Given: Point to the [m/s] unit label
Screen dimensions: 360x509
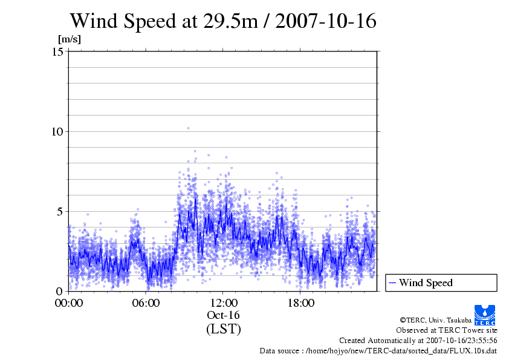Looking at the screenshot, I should pos(69,39).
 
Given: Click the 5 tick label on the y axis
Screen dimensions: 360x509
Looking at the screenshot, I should pos(60,212).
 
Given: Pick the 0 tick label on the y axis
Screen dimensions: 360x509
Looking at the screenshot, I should pos(60,292).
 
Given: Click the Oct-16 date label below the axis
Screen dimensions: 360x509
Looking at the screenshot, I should pos(224,316).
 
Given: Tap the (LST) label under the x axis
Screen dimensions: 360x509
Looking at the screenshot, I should pos(224,330).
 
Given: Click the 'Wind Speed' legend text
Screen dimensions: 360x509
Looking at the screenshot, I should pos(426,283).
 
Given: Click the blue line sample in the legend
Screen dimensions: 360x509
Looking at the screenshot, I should pos(392,283).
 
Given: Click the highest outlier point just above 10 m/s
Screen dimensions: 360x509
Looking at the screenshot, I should pos(188,128).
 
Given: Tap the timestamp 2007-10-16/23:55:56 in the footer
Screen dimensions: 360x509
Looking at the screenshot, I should pos(460,341).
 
